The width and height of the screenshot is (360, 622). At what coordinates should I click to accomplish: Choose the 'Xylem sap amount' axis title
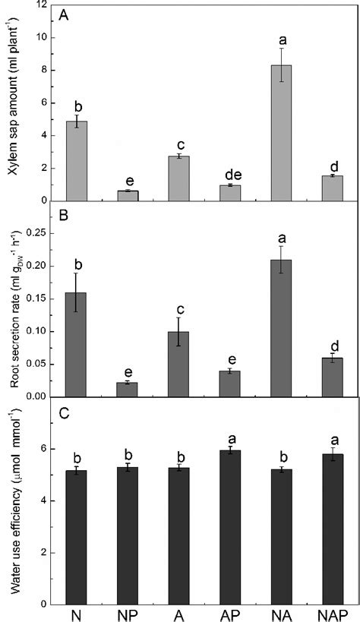13,101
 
